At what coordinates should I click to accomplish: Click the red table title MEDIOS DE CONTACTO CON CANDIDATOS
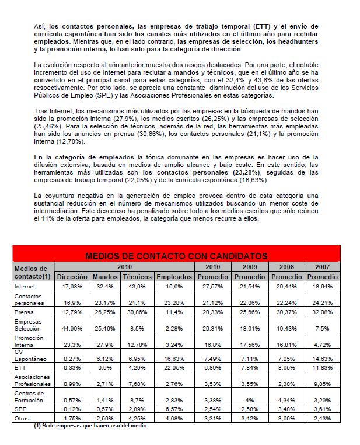coord(176,256)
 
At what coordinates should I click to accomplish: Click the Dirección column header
coord(72,276)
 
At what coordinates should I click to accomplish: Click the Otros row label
coord(22,418)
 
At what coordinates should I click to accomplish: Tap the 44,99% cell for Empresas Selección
coord(72,328)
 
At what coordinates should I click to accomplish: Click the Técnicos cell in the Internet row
coord(138,286)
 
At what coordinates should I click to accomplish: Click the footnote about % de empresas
coord(90,426)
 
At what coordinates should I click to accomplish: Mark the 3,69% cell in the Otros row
coord(287,418)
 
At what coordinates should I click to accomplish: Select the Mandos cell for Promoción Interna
coord(106,345)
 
